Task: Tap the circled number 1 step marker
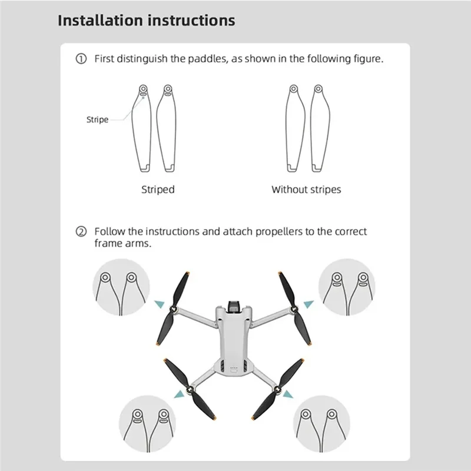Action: [x=81, y=59]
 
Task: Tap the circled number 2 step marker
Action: [x=81, y=232]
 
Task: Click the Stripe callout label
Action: [x=97, y=120]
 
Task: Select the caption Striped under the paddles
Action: [x=158, y=190]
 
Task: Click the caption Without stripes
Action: [x=306, y=190]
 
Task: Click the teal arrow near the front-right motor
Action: [x=309, y=304]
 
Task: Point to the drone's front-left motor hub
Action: [x=175, y=309]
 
